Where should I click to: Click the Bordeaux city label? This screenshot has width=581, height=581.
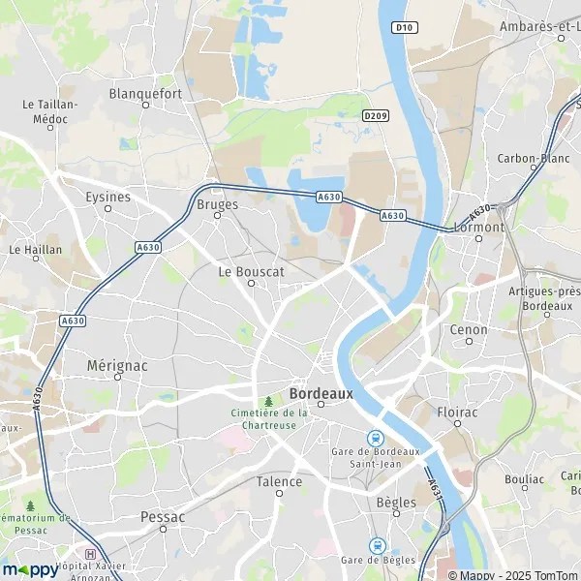(321, 394)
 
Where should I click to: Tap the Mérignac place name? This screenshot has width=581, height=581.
(117, 366)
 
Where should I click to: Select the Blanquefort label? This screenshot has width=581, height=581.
(145, 94)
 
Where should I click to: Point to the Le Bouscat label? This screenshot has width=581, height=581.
(251, 272)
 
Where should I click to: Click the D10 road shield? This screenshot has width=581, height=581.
(405, 27)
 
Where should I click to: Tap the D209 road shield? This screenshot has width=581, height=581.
(376, 115)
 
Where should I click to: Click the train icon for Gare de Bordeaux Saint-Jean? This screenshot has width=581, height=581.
(376, 437)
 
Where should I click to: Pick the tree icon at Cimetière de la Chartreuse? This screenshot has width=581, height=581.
(268, 400)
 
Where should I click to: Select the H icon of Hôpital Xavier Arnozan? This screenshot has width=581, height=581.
(91, 554)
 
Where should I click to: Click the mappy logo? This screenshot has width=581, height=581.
(30, 569)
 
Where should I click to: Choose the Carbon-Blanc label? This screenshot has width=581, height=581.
(531, 158)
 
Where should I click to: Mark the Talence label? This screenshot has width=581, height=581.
(279, 481)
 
